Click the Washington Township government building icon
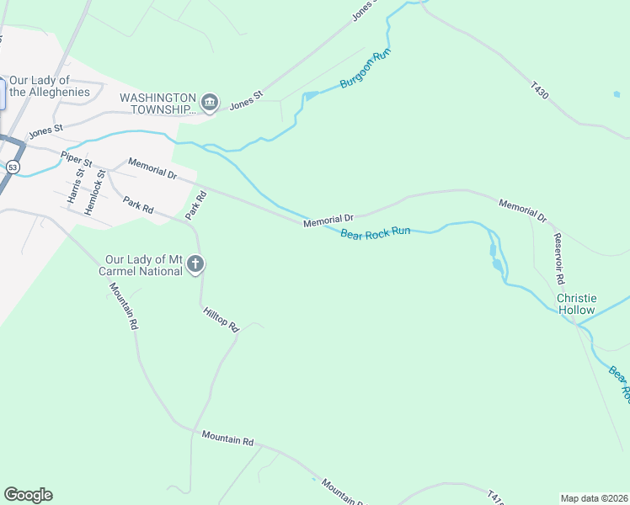tap(211, 103)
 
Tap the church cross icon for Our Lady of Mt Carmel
tap(195, 265)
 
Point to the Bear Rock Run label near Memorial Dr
tap(375, 231)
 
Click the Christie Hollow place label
tap(577, 305)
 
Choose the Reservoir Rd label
tap(558, 257)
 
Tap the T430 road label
tap(540, 91)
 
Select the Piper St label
tap(75, 158)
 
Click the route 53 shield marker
tap(12, 167)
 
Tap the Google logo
tap(28, 495)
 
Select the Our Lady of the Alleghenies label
tap(50, 85)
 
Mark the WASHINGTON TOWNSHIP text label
tap(157, 103)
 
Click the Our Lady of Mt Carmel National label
tap(143, 265)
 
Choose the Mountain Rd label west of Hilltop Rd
tap(124, 306)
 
